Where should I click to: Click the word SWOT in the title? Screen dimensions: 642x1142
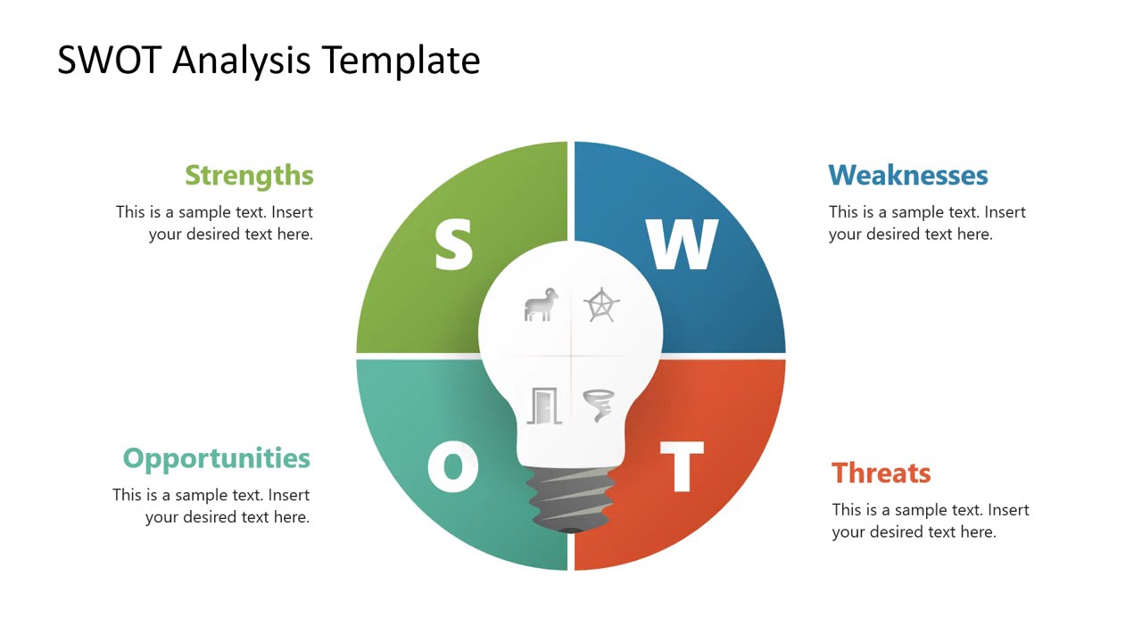click(x=109, y=61)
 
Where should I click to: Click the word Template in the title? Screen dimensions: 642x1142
click(x=401, y=61)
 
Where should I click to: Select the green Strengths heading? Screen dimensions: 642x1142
click(x=249, y=176)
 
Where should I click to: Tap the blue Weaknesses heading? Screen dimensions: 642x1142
click(x=907, y=176)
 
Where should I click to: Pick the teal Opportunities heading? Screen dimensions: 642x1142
click(x=216, y=458)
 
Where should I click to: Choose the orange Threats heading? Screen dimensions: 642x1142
click(x=881, y=473)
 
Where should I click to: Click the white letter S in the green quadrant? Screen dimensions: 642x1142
click(x=453, y=245)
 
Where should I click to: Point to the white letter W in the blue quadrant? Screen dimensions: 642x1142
click(x=682, y=245)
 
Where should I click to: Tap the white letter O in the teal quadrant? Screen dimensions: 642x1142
click(x=452, y=466)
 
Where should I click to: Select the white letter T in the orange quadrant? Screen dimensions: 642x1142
click(x=682, y=466)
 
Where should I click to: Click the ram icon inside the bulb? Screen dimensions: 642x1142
click(x=541, y=305)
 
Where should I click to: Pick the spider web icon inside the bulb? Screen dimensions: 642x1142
click(x=601, y=305)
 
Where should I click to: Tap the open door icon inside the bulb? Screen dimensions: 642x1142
click(x=543, y=406)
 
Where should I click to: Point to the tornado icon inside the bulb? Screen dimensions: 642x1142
click(x=600, y=405)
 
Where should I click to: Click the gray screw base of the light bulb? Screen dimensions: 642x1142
click(x=571, y=499)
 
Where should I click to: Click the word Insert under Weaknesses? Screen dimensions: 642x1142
click(x=1005, y=212)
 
